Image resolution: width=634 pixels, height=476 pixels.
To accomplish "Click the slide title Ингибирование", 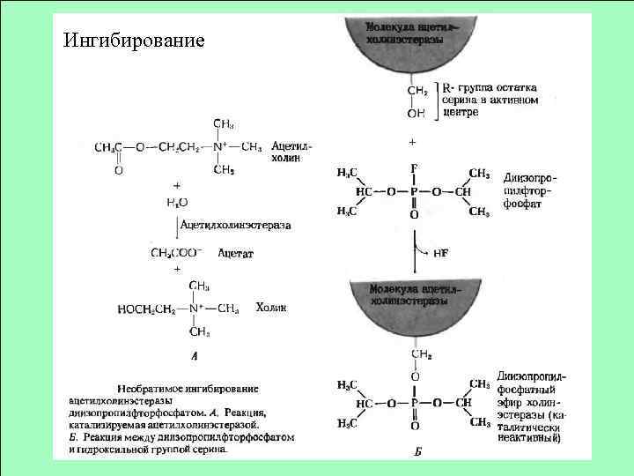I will [x=134, y=41].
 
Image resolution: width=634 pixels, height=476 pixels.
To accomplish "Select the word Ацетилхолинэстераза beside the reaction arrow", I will [x=235, y=226].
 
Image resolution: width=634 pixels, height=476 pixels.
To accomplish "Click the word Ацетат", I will [x=235, y=254].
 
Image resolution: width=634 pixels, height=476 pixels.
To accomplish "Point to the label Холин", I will [x=270, y=307].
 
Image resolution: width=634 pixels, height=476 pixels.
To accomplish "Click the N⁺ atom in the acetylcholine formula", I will [x=217, y=146].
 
